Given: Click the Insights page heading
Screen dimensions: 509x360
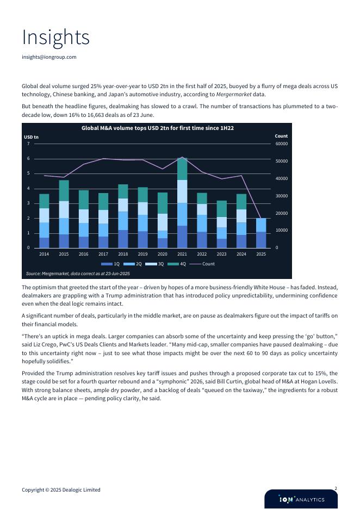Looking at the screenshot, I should click(x=55, y=38).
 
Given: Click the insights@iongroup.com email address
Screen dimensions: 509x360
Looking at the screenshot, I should click(x=49, y=57).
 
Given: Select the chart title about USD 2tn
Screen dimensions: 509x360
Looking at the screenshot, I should click(x=157, y=128).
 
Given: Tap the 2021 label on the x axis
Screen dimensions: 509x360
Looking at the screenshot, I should click(x=182, y=254).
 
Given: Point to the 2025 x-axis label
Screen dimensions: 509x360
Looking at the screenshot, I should click(x=261, y=254).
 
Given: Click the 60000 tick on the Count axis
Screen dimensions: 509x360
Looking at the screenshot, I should click(x=281, y=144).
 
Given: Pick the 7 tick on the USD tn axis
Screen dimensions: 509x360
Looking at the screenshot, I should click(x=28, y=144).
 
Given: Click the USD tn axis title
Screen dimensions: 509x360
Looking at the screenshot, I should click(x=32, y=137).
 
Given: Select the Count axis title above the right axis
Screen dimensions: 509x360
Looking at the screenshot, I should click(x=281, y=136).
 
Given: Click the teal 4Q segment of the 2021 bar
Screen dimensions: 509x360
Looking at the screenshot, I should click(x=182, y=169).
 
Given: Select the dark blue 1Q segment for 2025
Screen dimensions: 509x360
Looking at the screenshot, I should click(x=261, y=240).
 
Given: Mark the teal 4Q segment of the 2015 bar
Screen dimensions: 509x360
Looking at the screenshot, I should click(x=64, y=191).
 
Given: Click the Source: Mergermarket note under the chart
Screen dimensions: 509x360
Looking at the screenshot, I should click(x=78, y=274).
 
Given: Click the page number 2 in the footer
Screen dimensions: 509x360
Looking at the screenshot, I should click(x=336, y=489).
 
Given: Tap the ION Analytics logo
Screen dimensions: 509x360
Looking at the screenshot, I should click(x=301, y=500).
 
